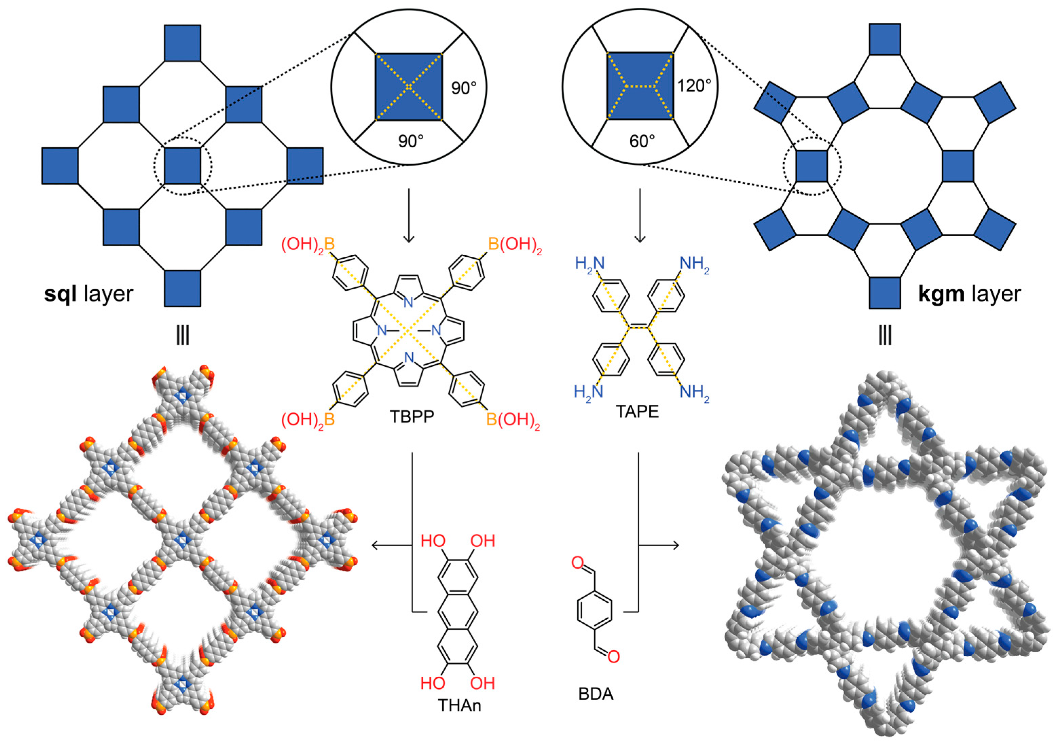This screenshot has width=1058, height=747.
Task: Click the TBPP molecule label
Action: [411, 417]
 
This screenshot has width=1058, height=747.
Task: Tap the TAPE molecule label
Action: [637, 412]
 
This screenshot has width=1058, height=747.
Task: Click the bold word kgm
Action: [941, 294]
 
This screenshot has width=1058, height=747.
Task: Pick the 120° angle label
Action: [694, 86]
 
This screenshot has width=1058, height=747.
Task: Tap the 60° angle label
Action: [642, 141]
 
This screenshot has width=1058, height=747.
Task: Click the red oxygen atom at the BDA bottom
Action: [614, 657]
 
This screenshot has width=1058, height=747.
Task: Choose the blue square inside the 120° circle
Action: [640, 86]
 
